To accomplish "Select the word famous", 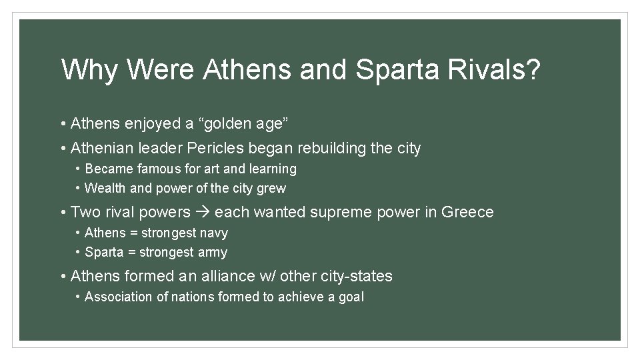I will (x=161, y=169).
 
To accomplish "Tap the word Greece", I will (x=467, y=213).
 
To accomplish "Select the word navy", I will (x=213, y=233).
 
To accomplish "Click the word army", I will (x=213, y=253).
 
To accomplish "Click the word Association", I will (x=119, y=297).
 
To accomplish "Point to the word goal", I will (x=351, y=297).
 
